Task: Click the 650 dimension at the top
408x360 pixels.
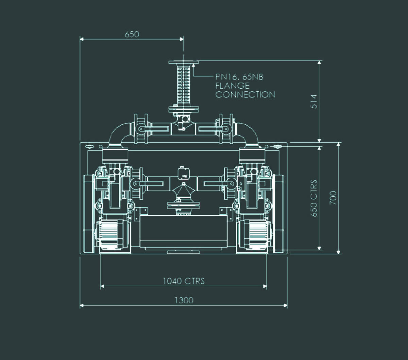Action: tap(132, 34)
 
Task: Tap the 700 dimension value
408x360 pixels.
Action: tap(333, 197)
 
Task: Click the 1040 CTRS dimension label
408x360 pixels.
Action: tap(184, 281)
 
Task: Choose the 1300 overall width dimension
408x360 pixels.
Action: tap(184, 300)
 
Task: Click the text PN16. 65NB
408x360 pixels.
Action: tap(239, 77)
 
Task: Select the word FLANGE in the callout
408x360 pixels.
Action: tap(232, 86)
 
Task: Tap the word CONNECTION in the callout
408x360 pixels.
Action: tap(245, 95)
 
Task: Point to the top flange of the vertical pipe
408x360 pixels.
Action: tap(183, 62)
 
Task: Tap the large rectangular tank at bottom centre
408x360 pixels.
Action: tap(183, 231)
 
